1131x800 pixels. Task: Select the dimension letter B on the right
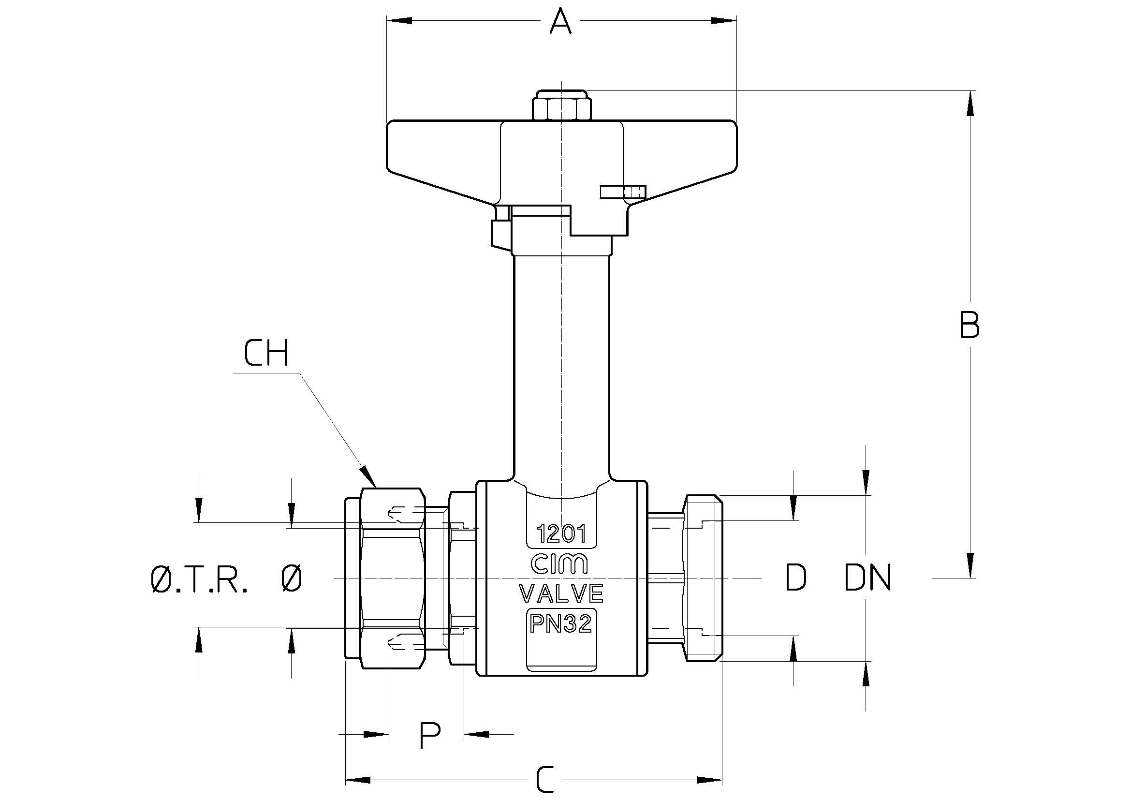[x=969, y=325]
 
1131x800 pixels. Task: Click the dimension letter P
[x=429, y=736]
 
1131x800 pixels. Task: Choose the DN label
[x=868, y=578]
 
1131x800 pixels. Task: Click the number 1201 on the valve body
[x=561, y=534]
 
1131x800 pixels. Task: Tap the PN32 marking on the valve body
[x=560, y=624]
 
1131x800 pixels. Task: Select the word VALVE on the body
[x=561, y=593]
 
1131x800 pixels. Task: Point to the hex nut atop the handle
[x=561, y=105]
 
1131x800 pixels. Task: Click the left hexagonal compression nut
[x=393, y=578]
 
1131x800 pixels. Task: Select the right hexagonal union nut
[x=703, y=578]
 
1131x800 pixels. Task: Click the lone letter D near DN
[x=795, y=578]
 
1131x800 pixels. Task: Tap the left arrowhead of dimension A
[x=399, y=20]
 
